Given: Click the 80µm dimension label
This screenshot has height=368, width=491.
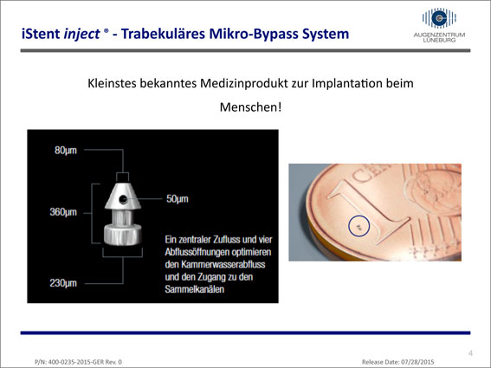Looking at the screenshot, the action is [66, 151].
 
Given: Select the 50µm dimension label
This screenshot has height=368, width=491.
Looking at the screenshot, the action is [178, 199].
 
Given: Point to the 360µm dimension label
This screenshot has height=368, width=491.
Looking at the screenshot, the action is [63, 212].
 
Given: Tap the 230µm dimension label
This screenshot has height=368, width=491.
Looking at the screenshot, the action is [63, 283].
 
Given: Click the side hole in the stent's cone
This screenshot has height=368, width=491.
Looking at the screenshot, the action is [123, 199].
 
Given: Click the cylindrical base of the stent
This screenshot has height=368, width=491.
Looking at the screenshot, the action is [122, 235].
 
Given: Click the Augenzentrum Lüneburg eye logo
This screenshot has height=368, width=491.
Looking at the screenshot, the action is [439, 18].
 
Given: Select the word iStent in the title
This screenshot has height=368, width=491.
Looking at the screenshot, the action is [41, 34].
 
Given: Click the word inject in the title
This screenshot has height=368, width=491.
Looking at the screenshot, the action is [81, 35].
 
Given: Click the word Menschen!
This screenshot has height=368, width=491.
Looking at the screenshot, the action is [250, 107].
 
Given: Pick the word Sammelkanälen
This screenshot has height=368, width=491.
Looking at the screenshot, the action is [195, 289].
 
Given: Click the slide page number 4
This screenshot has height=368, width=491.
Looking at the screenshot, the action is [470, 353].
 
